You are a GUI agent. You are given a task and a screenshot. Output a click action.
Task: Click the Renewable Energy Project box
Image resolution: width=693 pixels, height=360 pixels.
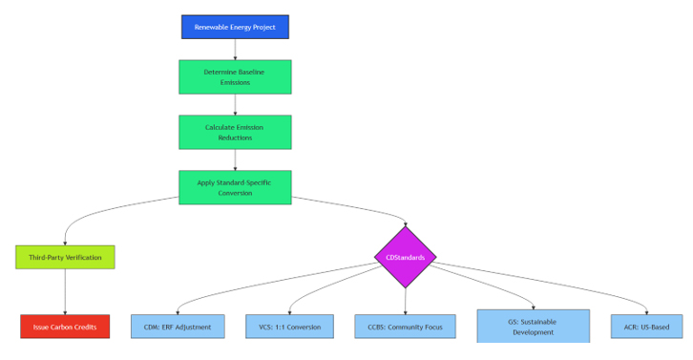click(235, 27)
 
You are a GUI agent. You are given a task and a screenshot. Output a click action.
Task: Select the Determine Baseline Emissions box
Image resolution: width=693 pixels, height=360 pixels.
click(235, 77)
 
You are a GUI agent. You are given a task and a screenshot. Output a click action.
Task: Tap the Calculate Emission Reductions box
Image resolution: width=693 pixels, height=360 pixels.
click(235, 132)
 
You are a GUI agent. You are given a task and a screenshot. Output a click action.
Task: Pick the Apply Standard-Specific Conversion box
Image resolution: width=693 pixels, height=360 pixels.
click(235, 187)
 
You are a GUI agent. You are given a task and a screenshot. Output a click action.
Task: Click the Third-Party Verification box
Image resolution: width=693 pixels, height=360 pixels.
click(65, 257)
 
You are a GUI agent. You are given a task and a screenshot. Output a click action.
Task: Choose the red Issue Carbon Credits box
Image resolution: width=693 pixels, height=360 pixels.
click(65, 327)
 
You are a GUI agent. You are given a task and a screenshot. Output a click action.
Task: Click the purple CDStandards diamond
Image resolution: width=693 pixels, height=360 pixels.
click(405, 257)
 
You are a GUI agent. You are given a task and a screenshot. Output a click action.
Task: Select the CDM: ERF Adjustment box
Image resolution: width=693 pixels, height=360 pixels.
click(178, 327)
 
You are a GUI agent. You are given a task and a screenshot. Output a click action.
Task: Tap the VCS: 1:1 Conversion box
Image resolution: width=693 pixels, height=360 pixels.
click(290, 327)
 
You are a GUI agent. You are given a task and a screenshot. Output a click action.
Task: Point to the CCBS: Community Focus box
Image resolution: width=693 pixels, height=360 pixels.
click(405, 327)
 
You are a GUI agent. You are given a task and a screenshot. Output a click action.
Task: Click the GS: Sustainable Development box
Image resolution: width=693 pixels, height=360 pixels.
click(533, 327)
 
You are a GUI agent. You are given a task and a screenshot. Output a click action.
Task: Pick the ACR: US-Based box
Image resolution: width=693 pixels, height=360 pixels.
click(646, 327)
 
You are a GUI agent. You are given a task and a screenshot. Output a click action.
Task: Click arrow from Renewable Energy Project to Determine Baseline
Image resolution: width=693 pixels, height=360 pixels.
click(235, 50)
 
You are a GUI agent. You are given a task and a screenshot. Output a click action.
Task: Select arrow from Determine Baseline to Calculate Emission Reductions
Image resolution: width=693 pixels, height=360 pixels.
click(235, 105)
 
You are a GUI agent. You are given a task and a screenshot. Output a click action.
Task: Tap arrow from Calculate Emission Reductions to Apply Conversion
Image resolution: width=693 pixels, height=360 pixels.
click(235, 160)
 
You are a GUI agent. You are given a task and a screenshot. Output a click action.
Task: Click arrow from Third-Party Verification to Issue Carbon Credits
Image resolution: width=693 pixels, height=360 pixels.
click(65, 291)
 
